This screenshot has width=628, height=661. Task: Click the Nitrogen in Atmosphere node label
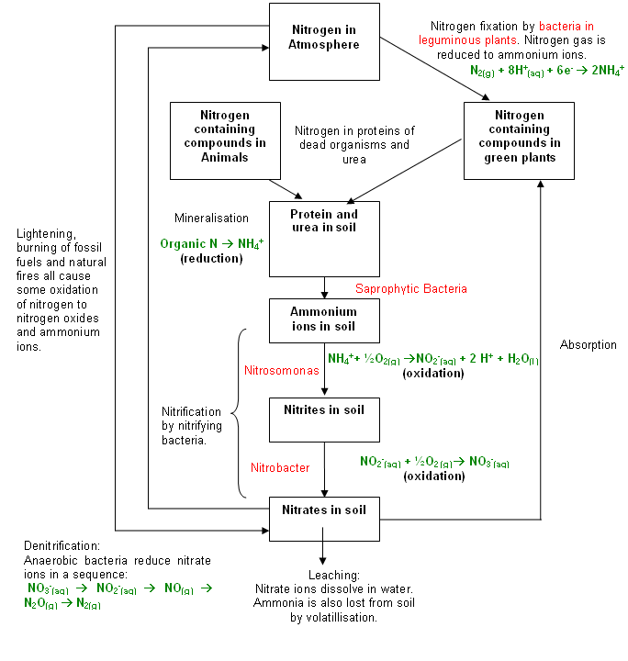pos(323,36)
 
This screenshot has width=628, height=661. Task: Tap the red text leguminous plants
pos(467,40)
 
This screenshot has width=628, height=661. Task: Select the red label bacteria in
pos(566,27)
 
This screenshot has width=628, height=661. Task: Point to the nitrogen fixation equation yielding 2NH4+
pos(546,70)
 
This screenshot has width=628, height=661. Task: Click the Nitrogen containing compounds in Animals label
pos(225,136)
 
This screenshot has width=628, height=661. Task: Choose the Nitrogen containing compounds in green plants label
pos(520,136)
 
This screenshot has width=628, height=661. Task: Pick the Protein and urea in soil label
pos(323,220)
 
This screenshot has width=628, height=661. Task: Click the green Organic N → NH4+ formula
pos(212,244)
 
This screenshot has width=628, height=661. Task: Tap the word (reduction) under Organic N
pos(212,259)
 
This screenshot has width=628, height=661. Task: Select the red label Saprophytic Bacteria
pos(411,289)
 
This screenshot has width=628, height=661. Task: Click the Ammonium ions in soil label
pos(320,319)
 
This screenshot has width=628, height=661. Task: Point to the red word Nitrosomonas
pos(281,371)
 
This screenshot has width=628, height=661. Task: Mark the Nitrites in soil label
pos(321,409)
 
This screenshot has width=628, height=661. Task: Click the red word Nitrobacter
pos(280,468)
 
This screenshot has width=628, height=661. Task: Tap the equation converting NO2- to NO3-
pos(434,462)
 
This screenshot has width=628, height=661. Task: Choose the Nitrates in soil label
pos(321,510)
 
